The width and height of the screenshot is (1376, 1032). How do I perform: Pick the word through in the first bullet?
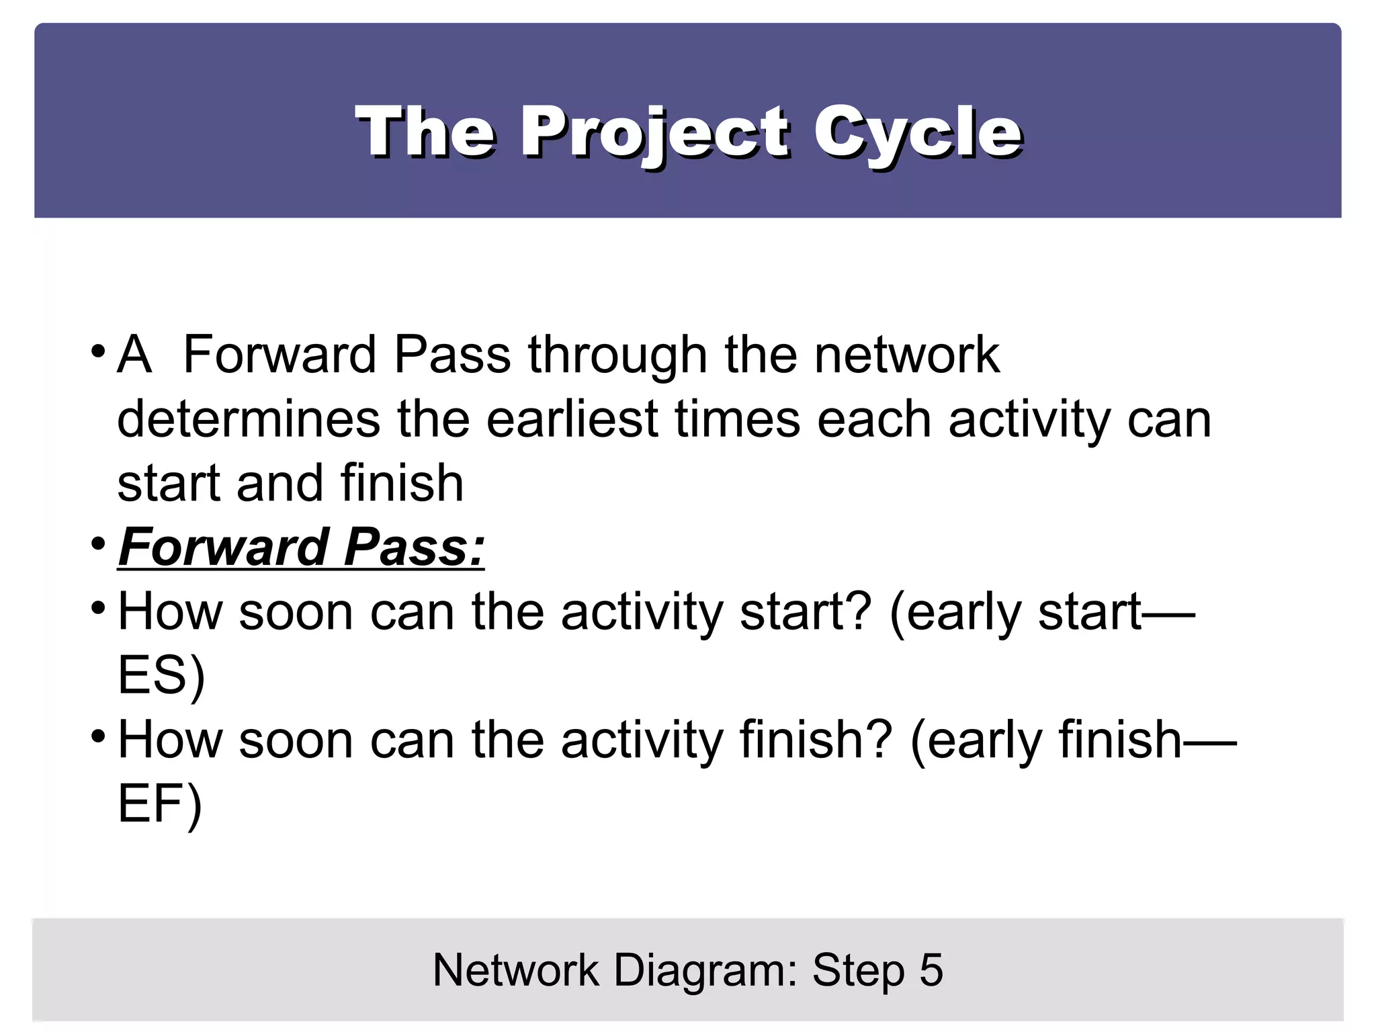tap(617, 356)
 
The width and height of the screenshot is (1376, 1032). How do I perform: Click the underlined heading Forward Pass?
tap(301, 547)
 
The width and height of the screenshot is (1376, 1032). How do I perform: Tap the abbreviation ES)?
tap(161, 676)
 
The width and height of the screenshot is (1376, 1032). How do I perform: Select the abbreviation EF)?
tap(160, 804)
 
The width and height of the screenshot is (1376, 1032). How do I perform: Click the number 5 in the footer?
tap(931, 970)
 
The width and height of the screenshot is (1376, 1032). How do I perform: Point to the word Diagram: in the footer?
tap(705, 970)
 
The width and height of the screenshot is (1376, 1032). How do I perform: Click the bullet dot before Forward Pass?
tap(98, 543)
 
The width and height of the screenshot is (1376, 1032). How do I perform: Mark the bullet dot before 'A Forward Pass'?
tap(98, 351)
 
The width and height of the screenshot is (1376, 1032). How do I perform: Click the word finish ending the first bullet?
tap(402, 483)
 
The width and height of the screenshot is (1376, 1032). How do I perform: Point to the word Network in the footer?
tap(515, 970)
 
